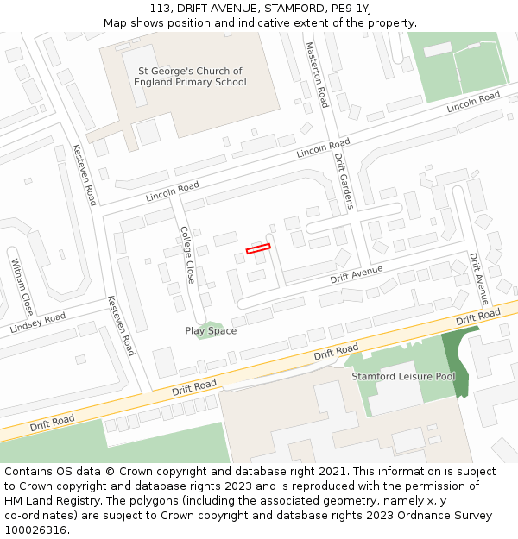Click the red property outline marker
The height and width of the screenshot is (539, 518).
(x=258, y=249)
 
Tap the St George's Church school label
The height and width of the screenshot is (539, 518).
(x=190, y=77)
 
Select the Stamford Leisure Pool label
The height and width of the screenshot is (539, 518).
(x=403, y=377)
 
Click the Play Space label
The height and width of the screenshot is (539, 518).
(x=211, y=331)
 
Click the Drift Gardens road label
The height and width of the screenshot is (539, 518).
(x=344, y=181)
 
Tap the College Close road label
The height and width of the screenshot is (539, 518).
(x=187, y=255)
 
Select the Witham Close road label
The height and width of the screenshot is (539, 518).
(x=22, y=286)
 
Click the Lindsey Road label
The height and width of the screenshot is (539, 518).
(x=37, y=324)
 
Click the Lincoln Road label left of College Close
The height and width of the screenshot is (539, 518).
(x=173, y=191)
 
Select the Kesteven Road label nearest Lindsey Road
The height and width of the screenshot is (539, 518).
(x=121, y=326)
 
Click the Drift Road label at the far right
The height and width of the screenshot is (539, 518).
(x=478, y=317)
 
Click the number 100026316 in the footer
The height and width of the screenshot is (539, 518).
(x=36, y=530)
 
